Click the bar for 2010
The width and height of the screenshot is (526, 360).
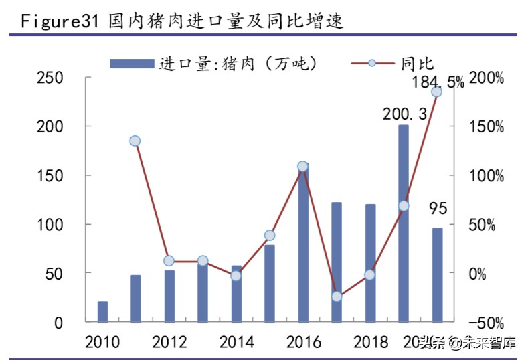(x=102, y=312)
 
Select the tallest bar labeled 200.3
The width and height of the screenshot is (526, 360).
(x=403, y=223)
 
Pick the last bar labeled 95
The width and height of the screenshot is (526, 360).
(x=437, y=275)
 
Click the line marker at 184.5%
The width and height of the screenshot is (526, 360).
(x=436, y=92)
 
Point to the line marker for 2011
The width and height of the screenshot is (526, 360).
(x=135, y=141)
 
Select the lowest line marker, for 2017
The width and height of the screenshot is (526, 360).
(x=337, y=296)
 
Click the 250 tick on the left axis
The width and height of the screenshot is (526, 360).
(x=50, y=78)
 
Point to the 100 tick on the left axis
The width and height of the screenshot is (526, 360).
(x=50, y=225)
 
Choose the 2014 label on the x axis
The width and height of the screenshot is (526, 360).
(x=236, y=343)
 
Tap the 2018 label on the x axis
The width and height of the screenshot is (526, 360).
(x=371, y=343)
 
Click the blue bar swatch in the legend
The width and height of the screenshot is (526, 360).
(x=132, y=63)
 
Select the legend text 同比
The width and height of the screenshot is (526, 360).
(x=418, y=63)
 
